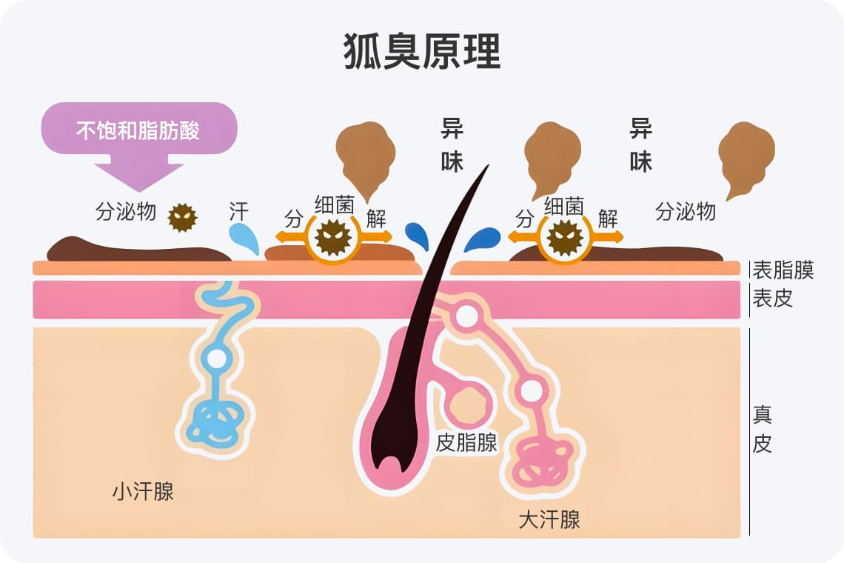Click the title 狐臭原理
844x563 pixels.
[x=422, y=51]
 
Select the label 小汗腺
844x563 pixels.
[x=143, y=491]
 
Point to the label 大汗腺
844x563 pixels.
[x=549, y=520]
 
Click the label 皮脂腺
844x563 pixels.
[x=466, y=442]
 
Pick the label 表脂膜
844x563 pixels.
[x=783, y=270]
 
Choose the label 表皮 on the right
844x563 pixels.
[x=773, y=298]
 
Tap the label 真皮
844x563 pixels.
[x=763, y=430]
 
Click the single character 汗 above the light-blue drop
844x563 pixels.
[x=239, y=212]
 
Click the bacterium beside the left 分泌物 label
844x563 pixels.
[x=182, y=218]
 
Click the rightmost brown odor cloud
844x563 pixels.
[x=746, y=156]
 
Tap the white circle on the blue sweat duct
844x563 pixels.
[x=217, y=359]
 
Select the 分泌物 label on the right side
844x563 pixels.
[x=686, y=212]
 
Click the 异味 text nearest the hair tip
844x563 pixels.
[x=452, y=145]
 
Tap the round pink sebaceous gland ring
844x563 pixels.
[x=469, y=407]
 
